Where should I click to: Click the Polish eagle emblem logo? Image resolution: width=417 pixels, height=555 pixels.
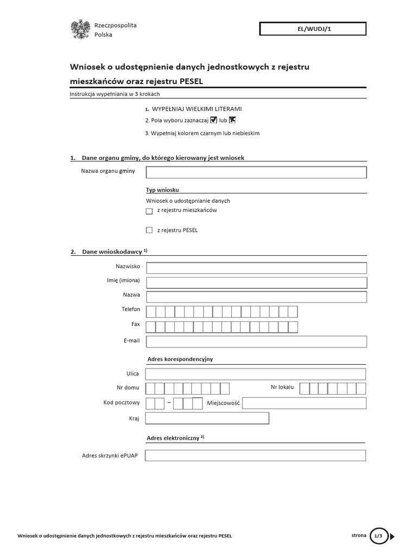[80, 29]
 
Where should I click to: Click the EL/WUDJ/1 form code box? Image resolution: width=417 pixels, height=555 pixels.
[313, 29]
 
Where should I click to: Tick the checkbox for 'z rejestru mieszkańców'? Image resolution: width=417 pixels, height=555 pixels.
[149, 211]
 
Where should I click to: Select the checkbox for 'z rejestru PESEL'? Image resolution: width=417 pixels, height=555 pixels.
[149, 230]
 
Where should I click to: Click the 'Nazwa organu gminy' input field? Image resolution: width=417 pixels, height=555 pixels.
[256, 172]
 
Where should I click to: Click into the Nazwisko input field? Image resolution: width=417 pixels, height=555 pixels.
[256, 268]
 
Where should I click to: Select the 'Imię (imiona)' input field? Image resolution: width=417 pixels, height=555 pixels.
[256, 282]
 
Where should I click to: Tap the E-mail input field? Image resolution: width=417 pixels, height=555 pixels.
[256, 341]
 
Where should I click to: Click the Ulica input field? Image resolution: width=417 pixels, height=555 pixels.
[256, 374]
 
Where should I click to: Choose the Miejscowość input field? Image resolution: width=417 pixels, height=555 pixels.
[304, 403]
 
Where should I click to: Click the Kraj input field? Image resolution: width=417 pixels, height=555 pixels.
[207, 418]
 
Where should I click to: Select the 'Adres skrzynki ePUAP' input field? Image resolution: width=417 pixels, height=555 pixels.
[255, 456]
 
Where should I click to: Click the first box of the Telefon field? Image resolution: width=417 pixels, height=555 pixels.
[151, 312]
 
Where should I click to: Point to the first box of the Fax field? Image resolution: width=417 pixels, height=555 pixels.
[151, 327]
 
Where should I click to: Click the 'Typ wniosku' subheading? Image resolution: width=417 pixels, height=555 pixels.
[162, 190]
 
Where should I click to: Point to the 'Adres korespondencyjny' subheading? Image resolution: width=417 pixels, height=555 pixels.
[180, 359]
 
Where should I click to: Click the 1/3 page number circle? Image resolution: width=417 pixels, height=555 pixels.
[378, 536]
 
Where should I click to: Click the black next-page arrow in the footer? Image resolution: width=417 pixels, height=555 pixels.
[392, 537]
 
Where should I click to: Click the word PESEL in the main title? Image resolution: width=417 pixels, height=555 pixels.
[195, 81]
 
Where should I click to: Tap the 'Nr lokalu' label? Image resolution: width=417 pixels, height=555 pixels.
[282, 387]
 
